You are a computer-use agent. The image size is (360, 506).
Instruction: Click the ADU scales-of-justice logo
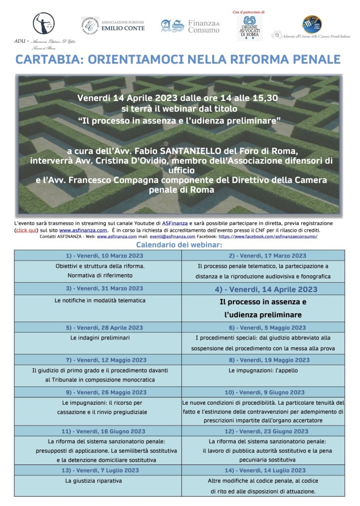(44, 23)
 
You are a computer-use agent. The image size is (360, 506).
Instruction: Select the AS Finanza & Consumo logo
(189, 26)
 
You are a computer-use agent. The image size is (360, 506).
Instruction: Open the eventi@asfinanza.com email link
(159, 237)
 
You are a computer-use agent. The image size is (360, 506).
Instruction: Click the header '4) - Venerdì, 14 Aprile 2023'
(264, 289)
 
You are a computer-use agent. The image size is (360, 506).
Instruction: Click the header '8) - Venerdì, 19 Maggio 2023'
(264, 360)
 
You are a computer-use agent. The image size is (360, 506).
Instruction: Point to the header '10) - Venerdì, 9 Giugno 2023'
(264, 392)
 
